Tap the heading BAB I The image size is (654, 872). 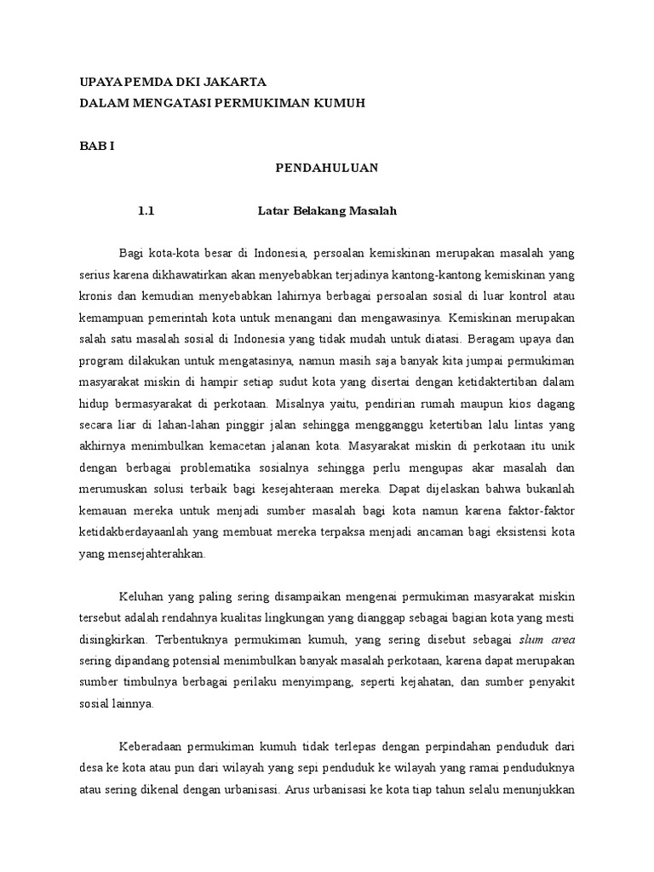coord(91,146)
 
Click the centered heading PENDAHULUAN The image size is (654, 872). coord(326,169)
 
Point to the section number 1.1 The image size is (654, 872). coord(146,211)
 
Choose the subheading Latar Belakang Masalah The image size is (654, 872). coord(328,211)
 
